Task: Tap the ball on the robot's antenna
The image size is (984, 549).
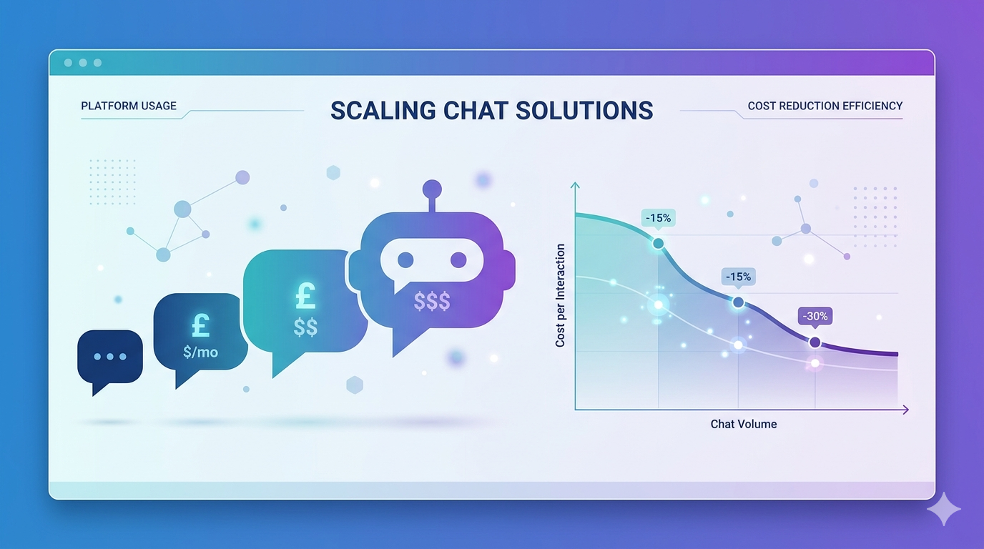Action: [432, 189]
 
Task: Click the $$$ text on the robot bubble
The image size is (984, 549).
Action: [432, 302]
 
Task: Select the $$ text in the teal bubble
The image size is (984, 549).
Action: [305, 327]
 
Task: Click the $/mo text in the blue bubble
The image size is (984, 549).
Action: [200, 352]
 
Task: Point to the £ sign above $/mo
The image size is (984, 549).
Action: [200, 325]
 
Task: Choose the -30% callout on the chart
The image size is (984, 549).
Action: [815, 317]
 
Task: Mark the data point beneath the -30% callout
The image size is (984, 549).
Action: [815, 342]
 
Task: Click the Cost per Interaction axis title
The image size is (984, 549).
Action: [560, 295]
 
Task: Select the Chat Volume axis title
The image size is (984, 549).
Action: [743, 424]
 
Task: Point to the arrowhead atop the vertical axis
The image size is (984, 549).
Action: [574, 186]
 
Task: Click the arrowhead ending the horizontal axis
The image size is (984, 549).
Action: [905, 410]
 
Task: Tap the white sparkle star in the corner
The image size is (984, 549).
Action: [943, 508]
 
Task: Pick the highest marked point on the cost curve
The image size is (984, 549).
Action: [658, 243]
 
